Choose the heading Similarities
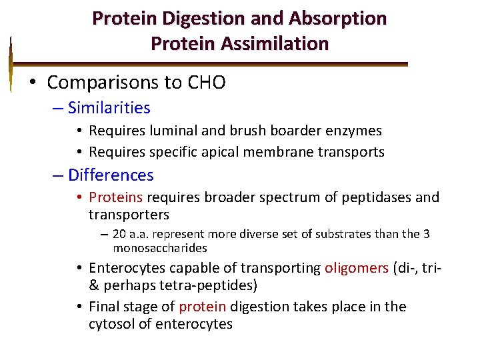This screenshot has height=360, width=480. tap(109, 108)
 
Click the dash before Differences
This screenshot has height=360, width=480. tap(58, 175)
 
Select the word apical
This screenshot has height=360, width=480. tap(221, 152)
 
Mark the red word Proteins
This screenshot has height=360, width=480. tap(116, 197)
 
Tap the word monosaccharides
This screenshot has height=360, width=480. tap(160, 248)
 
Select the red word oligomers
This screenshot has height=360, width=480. tap(356, 268)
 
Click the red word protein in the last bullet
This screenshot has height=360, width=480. tap(203, 307)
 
